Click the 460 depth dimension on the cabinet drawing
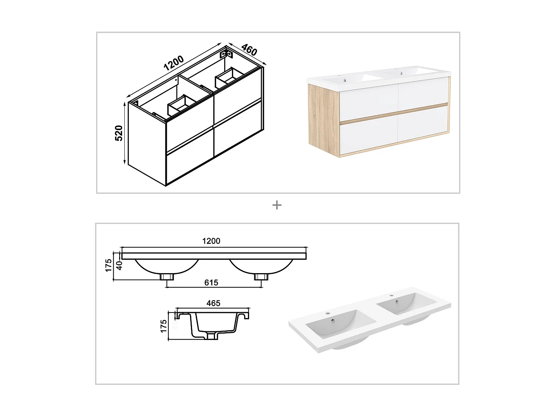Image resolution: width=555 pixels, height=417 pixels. point(249,50)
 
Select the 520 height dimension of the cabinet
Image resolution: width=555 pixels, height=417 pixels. point(119,133)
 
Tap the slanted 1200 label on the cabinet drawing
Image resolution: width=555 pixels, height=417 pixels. point(174,63)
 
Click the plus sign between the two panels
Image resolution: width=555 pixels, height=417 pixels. point(277,205)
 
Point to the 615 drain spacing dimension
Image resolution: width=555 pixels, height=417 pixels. point(211,283)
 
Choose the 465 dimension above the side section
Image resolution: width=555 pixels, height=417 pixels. point(213,303)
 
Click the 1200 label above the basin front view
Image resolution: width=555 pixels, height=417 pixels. point(211,241)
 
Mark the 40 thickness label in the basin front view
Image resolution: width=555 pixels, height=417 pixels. point(119,265)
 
